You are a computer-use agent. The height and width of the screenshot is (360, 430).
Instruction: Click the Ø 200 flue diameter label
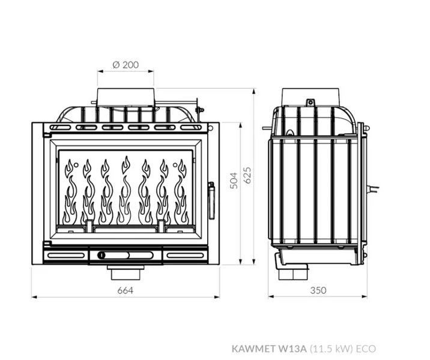pyautogui.click(x=126, y=65)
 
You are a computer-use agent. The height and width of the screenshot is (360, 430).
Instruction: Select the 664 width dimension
pyautogui.click(x=126, y=290)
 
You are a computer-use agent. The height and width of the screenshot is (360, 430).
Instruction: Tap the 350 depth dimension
pyautogui.click(x=318, y=290)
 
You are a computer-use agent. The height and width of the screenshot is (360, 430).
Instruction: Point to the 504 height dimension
pyautogui.click(x=234, y=181)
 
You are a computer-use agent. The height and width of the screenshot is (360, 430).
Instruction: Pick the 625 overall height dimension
pyautogui.click(x=247, y=175)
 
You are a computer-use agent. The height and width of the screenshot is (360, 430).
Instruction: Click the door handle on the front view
pyautogui.click(x=211, y=200)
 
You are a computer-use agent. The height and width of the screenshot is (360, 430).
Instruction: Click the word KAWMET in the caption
pyautogui.click(x=253, y=349)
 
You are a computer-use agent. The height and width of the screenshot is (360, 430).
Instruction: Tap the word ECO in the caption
pyautogui.click(x=366, y=349)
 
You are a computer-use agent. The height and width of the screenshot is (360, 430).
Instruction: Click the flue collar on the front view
pyautogui.click(x=126, y=97)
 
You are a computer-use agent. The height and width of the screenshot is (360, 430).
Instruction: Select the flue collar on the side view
pyautogui.click(x=311, y=97)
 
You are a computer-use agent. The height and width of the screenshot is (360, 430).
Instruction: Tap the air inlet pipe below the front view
pyautogui.click(x=126, y=272)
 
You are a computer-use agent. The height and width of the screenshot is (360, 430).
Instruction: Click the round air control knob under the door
pyautogui.click(x=101, y=256)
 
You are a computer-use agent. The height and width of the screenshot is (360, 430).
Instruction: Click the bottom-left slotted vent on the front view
pyautogui.click(x=66, y=256)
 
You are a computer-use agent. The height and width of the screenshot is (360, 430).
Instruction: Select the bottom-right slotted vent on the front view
pyautogui.click(x=186, y=256)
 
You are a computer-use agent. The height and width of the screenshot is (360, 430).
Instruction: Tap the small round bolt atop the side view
pyautogui.click(x=310, y=103)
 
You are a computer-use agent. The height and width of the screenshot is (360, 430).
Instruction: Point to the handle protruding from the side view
pyautogui.click(x=374, y=189)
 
